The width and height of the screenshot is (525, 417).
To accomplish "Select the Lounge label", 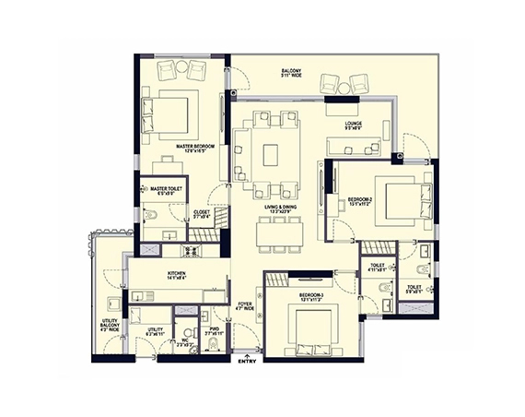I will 354,125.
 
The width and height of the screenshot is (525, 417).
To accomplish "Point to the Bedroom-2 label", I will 359,201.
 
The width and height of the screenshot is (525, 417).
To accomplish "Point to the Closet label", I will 201,213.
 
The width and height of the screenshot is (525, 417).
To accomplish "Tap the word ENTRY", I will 247,361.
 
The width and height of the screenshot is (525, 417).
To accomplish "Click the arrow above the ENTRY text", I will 247,351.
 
